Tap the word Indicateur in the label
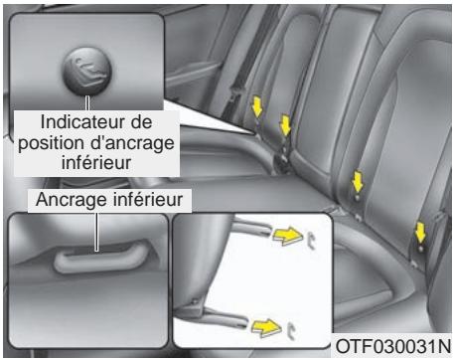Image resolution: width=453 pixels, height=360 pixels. pyautogui.click(x=77, y=121)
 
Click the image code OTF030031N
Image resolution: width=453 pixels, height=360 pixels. pyautogui.click(x=392, y=347)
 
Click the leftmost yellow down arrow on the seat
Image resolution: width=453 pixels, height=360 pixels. pyautogui.click(x=255, y=104)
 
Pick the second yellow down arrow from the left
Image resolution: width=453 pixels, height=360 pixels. pyautogui.click(x=286, y=125)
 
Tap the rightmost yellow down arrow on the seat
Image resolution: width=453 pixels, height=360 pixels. pyautogui.click(x=421, y=232)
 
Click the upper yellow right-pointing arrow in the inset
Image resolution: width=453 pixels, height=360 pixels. pyautogui.click(x=288, y=235)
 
